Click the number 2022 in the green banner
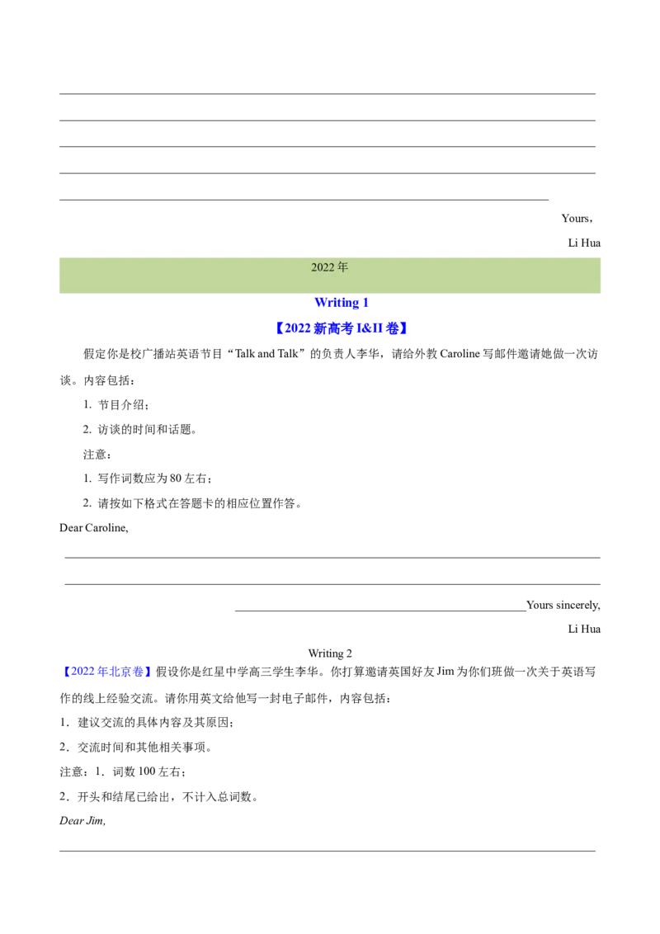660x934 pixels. click(323, 267)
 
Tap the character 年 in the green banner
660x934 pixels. click(343, 267)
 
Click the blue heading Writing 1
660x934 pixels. click(342, 303)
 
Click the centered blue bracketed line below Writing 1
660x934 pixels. click(340, 328)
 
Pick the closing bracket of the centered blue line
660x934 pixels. click(405, 328)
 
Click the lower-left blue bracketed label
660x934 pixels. click(106, 671)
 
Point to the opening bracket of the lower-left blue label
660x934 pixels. click(64, 671)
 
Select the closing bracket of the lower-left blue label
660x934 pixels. click(148, 671)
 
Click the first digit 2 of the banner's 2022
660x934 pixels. click(314, 267)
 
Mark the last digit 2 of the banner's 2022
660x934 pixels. click(332, 267)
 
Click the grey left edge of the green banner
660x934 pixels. click(54, 276)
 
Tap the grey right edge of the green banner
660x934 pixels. click(606, 276)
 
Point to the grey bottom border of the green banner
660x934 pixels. click(330, 295)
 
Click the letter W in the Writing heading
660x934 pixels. click(319, 303)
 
